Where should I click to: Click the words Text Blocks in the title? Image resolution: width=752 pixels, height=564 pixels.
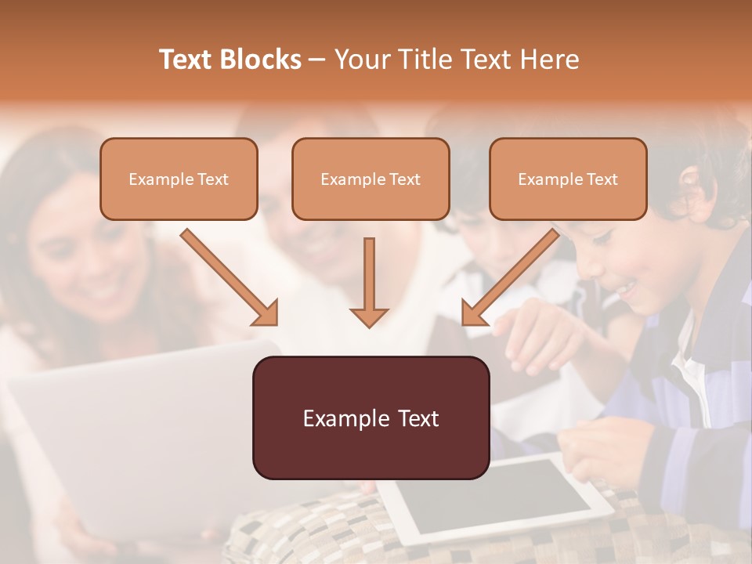tap(230, 60)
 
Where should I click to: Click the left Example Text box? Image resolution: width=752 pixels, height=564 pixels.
tap(179, 179)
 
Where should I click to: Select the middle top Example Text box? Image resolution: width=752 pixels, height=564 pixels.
tap(371, 179)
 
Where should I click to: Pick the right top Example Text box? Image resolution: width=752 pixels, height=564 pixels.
tap(568, 179)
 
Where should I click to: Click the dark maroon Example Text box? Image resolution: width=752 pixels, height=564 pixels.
tap(371, 418)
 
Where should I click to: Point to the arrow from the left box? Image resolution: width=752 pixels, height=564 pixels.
tap(227, 276)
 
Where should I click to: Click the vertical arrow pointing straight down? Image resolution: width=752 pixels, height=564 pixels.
tap(369, 282)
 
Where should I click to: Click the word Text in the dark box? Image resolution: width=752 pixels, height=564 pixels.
tap(416, 418)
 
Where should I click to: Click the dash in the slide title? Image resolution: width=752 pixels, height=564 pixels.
tap(317, 60)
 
